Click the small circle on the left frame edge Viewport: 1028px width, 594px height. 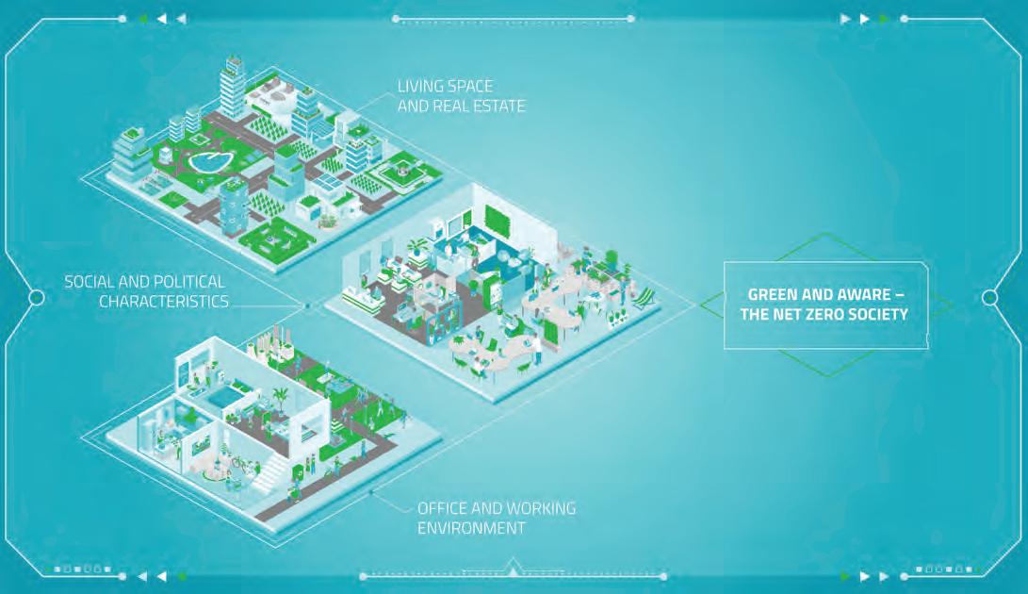click(37, 298)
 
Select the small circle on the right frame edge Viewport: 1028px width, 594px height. click(990, 298)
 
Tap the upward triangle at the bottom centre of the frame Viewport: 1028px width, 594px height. click(513, 568)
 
